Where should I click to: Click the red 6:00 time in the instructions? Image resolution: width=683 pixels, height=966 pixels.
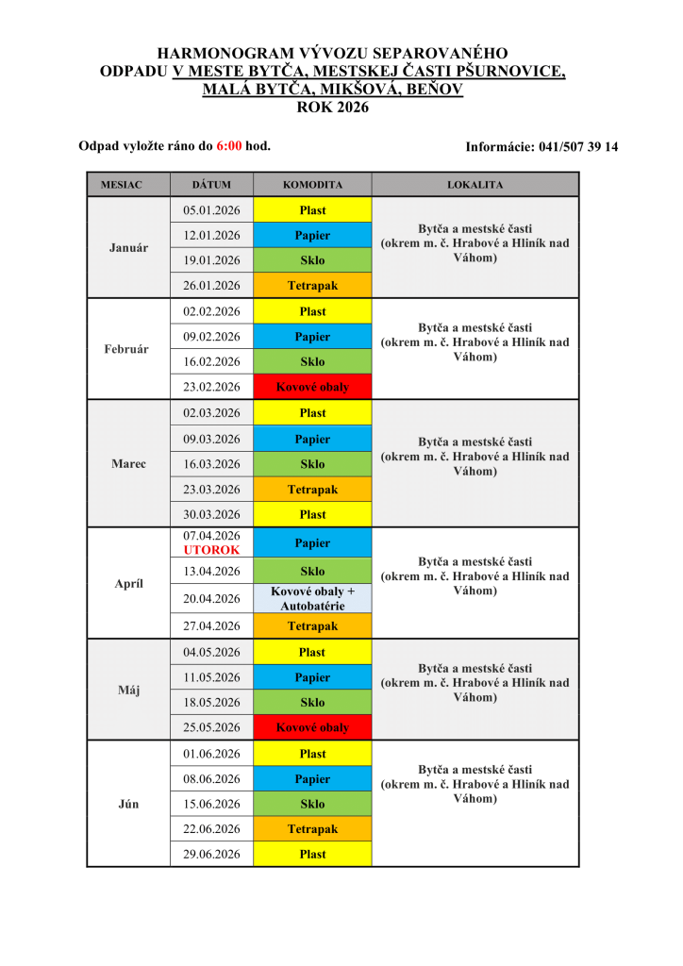click(229, 146)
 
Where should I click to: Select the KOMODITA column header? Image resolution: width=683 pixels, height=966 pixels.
click(312, 185)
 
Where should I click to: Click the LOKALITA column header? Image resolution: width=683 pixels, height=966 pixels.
click(475, 185)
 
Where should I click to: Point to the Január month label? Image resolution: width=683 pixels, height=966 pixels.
click(128, 247)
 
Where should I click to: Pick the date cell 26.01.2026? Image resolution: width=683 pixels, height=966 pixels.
click(211, 286)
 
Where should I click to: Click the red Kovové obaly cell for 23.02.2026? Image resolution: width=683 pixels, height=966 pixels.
click(312, 387)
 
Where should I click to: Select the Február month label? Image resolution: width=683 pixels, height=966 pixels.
click(128, 349)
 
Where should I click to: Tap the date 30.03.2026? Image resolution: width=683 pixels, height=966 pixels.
click(211, 515)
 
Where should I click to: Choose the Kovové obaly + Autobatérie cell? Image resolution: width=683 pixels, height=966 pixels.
click(312, 598)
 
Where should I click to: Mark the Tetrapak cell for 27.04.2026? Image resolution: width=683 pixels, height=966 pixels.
click(312, 626)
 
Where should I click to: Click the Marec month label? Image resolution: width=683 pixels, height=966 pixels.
click(128, 464)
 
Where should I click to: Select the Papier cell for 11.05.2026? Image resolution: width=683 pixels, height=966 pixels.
click(312, 677)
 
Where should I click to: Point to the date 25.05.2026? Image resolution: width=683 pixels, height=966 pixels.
click(211, 728)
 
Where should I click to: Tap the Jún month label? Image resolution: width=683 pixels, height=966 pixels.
click(128, 805)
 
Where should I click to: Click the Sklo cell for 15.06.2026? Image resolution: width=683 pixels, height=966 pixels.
click(312, 805)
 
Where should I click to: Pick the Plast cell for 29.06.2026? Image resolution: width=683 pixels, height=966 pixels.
click(312, 855)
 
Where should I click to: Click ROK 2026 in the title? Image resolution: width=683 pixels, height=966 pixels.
click(333, 107)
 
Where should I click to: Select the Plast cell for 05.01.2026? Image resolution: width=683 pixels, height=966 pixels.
click(312, 210)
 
